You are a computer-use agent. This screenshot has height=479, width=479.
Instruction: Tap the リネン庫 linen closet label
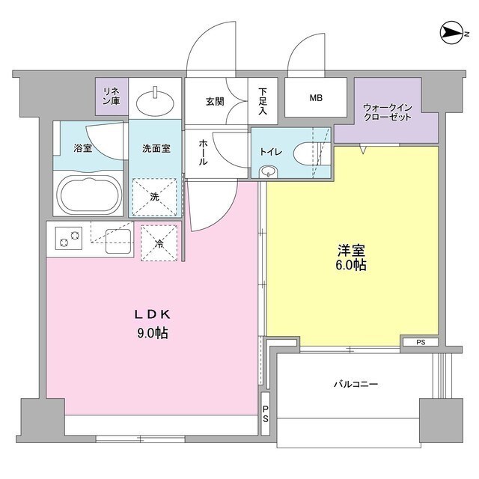[112, 96]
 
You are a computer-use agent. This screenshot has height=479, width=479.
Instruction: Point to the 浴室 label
[82, 147]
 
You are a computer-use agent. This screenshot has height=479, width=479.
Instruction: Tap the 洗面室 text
[156, 147]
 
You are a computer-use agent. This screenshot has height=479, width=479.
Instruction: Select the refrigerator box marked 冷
[159, 243]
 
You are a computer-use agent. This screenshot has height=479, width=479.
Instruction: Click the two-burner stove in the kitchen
[68, 239]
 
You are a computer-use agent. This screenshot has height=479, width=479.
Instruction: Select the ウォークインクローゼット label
[386, 113]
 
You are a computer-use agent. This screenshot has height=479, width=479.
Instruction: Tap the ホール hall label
[202, 152]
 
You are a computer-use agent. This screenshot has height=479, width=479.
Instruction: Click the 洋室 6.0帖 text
[350, 258]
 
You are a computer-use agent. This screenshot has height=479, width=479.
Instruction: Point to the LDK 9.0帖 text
[151, 323]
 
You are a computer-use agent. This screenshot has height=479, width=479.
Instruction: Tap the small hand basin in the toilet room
[268, 172]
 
